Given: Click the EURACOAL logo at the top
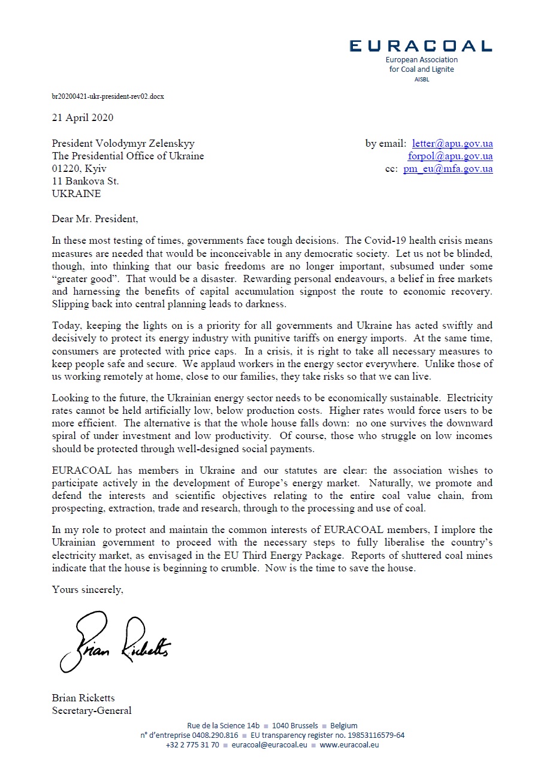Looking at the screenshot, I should (x=421, y=46).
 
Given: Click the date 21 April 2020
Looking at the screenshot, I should (x=83, y=117).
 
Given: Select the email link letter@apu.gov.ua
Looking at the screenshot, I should (x=452, y=144).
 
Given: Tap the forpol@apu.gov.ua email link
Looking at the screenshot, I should (x=451, y=156).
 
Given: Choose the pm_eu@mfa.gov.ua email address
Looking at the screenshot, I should (x=448, y=169).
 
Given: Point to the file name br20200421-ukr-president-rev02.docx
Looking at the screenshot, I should (x=108, y=96).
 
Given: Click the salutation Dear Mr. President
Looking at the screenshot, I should (x=95, y=219).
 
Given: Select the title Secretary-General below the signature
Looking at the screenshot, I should (x=92, y=711).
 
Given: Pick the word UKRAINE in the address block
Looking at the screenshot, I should (x=77, y=194).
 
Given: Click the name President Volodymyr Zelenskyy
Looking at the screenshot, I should (x=123, y=144).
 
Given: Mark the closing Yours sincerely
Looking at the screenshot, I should (x=87, y=589).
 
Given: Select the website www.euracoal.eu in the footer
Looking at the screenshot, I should (x=349, y=745).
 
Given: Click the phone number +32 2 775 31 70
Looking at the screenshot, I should (x=192, y=745).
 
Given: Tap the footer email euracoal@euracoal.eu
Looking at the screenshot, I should (x=269, y=745).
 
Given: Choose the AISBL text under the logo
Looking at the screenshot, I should (x=421, y=80).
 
